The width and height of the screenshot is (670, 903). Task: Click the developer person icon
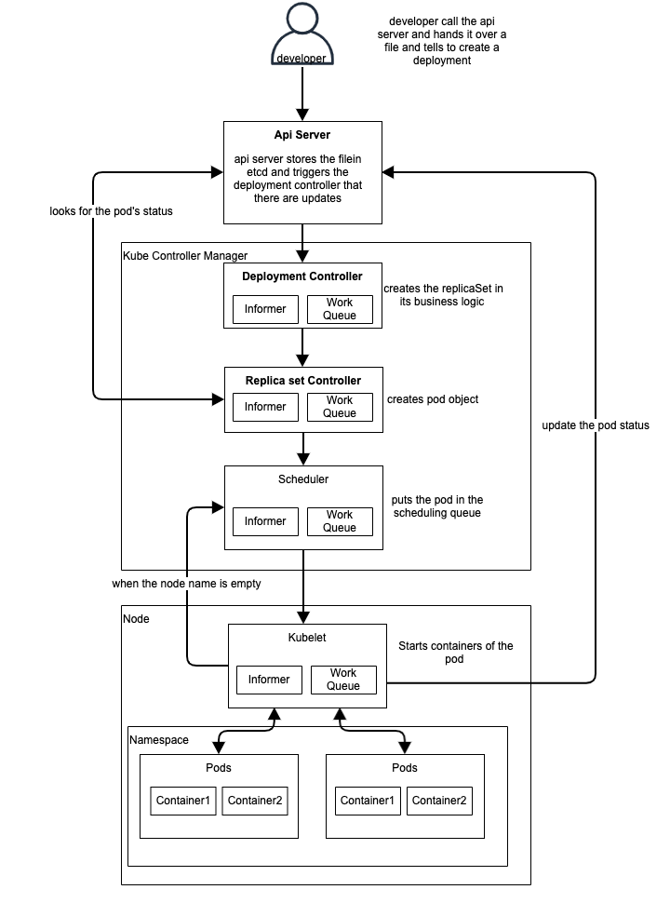click(302, 34)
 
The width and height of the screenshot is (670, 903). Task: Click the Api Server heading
click(302, 135)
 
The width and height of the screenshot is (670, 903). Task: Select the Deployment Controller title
click(302, 276)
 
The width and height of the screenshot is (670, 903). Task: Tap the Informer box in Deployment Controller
click(265, 309)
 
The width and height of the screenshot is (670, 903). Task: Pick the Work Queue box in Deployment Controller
click(340, 309)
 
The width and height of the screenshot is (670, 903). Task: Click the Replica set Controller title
click(303, 381)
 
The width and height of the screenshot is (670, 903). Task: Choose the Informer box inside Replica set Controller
click(265, 407)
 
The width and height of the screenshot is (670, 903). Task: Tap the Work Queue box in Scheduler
click(340, 521)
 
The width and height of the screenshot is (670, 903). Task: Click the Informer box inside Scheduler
click(265, 521)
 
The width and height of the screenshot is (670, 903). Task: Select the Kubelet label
click(307, 638)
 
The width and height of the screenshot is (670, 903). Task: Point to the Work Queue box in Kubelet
click(343, 680)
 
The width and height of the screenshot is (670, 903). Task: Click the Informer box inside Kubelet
click(269, 680)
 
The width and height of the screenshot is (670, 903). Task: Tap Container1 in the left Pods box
click(183, 802)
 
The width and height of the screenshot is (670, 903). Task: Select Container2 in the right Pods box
click(439, 802)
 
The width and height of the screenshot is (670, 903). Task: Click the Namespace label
click(159, 740)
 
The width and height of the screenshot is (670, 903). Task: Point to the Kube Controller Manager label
click(185, 256)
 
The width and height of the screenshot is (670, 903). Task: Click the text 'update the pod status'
click(596, 425)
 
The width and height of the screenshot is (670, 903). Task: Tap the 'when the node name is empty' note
click(186, 584)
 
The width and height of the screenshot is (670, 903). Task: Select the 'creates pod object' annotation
click(433, 399)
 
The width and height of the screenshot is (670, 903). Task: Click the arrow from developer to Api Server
click(302, 93)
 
